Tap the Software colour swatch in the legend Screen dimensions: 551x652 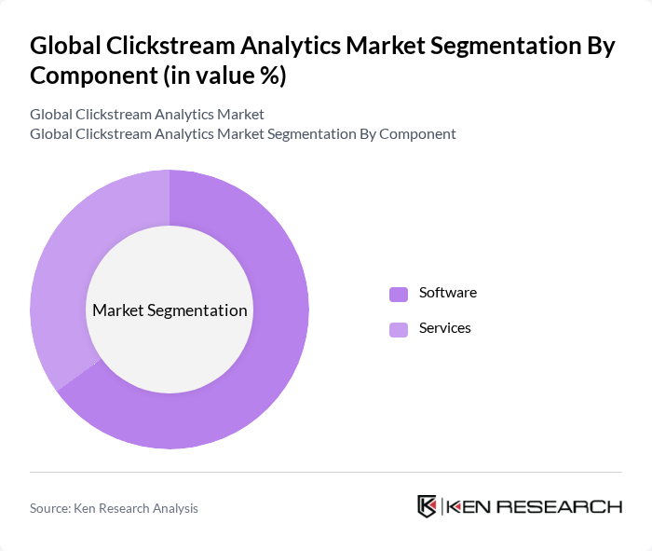click(399, 294)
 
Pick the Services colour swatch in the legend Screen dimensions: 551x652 click(399, 329)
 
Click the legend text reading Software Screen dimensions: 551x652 click(447, 293)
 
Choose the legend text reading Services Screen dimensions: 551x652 click(444, 328)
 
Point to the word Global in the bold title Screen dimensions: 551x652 click(62, 47)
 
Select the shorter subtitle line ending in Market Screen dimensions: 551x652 click(146, 115)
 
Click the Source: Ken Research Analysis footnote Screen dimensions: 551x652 click(114, 508)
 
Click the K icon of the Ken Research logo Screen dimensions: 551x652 click(427, 506)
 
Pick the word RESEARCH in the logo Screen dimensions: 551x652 click(559, 507)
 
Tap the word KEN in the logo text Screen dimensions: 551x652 click(469, 507)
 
